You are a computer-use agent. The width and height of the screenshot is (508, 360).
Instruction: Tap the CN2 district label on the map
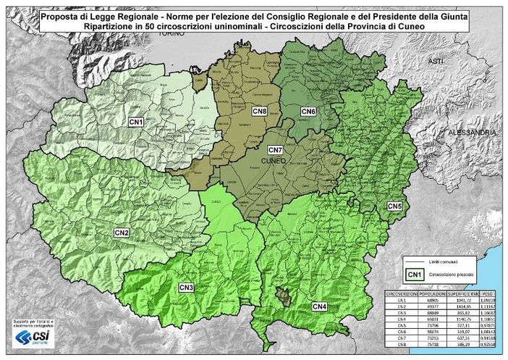(121, 233)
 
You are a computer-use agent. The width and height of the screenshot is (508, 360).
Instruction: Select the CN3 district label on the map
(186, 288)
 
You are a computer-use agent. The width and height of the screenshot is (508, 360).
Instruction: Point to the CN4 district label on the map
(319, 307)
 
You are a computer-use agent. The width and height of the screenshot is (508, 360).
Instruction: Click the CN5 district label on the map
(395, 206)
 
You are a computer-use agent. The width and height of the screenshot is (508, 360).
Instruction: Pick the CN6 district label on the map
(308, 111)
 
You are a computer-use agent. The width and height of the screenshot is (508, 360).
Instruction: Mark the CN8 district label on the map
(259, 111)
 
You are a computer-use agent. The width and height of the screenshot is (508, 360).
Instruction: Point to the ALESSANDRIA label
(473, 133)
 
